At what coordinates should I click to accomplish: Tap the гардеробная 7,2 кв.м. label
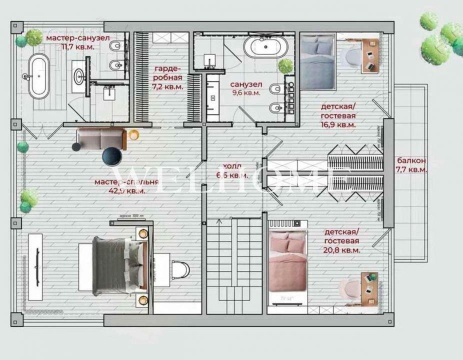coord(168,77)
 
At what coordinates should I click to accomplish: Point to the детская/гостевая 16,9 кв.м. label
coord(338,115)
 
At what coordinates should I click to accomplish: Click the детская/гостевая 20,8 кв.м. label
coord(342,241)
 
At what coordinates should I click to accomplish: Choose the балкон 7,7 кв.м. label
coord(411,165)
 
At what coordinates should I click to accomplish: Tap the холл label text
coord(232,170)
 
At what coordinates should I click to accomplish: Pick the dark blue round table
coord(111,156)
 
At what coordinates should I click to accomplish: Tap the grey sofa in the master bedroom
coord(100,138)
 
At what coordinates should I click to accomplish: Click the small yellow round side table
coord(133,134)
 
